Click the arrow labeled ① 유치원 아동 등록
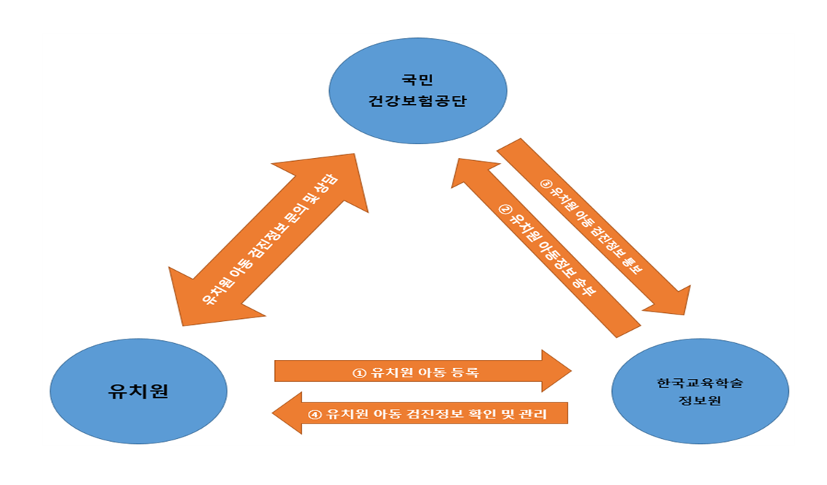tap(417, 371)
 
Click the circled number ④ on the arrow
tap(315, 414)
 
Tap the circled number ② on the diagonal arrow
tap(504, 207)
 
